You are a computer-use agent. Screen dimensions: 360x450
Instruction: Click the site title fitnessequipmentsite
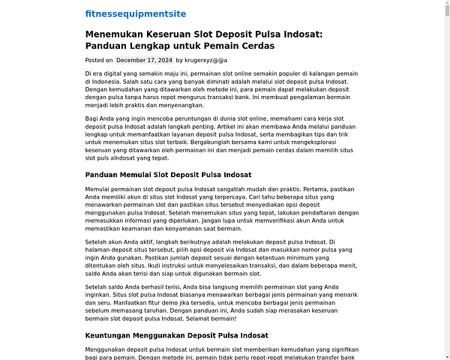136,13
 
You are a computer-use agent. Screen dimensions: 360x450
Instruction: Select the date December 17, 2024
145,60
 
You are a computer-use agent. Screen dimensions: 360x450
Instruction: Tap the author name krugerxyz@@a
206,60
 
